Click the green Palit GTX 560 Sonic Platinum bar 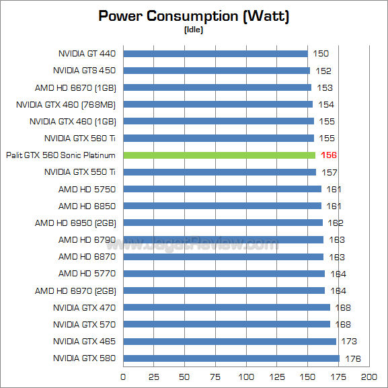pyautogui.click(x=219, y=155)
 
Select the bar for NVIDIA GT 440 pyautogui.click(x=215, y=53)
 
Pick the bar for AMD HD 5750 pyautogui.click(x=222, y=189)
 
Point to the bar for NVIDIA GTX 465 pyautogui.click(x=229, y=342)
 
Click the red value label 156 pyautogui.click(x=329, y=155)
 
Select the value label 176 pyautogui.click(x=352, y=358)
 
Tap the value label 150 pyautogui.click(x=321, y=53)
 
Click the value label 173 pyautogui.click(x=349, y=342)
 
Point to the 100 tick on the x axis pyautogui.click(x=246, y=377)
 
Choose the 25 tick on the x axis pyautogui.click(x=154, y=377)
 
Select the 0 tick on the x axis pyautogui.click(x=123, y=377)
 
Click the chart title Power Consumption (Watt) pyautogui.click(x=194, y=16)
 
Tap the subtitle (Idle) pyautogui.click(x=194, y=30)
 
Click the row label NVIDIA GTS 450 pyautogui.click(x=84, y=70)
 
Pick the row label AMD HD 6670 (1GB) pyautogui.click(x=75, y=87)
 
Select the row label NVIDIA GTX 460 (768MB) pyautogui.click(x=66, y=104)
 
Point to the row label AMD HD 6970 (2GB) pyautogui.click(x=75, y=290)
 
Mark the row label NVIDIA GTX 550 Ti pyautogui.click(x=80, y=172)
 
